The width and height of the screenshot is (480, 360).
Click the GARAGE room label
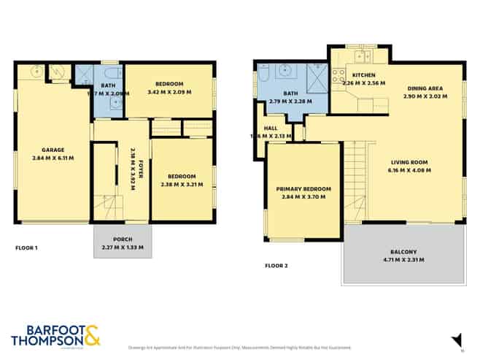[x=53, y=150]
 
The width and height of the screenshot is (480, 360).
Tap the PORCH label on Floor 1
[x=122, y=239]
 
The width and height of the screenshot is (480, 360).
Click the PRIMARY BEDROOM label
[x=303, y=189]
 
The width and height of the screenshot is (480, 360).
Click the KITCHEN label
[x=363, y=75]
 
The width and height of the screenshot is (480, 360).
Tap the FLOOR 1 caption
[x=26, y=248]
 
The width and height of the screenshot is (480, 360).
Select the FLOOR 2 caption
[x=276, y=265]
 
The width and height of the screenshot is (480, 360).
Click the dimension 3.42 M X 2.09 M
[x=169, y=92]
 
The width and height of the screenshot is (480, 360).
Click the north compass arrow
[x=457, y=340]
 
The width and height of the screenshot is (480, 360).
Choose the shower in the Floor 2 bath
[x=318, y=75]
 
